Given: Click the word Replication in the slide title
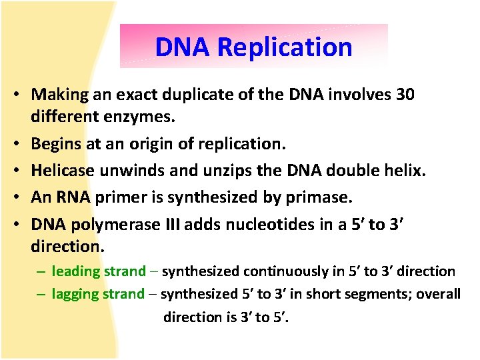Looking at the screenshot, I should (x=285, y=47).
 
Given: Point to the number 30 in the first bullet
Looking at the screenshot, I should (x=405, y=95).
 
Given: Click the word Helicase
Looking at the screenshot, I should (x=62, y=171).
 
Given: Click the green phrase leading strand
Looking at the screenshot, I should (x=99, y=271).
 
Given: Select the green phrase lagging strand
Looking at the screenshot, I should (x=98, y=294).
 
